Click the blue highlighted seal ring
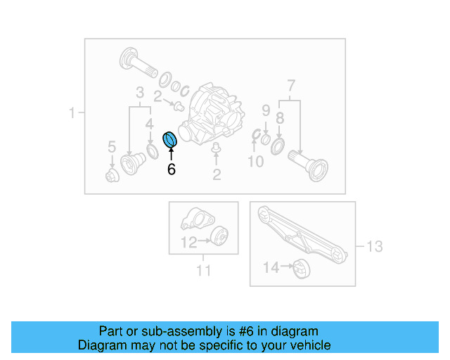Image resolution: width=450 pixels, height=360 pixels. point(170,140)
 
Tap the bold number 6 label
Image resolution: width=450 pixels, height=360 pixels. point(171,169)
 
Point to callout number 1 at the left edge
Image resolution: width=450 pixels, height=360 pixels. point(72,112)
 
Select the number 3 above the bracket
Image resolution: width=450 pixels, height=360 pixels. point(140,93)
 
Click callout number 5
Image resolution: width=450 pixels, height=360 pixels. point(111,147)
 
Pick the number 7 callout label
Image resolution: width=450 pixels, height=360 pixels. point(290,88)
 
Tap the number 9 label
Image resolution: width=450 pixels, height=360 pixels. point(266,110)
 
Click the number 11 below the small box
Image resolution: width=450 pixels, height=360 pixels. point(202,270)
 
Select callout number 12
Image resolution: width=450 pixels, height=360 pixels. point(188,243)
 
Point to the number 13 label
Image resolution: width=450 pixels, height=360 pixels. point(374,246)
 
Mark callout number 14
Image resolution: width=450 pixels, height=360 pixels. point(271,267)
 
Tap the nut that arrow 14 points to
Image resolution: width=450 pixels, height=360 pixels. point(301,268)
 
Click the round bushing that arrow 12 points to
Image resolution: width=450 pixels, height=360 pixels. point(219,238)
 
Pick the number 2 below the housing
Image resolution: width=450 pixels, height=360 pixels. point(217,174)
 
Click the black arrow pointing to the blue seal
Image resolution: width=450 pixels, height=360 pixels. point(171,154)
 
